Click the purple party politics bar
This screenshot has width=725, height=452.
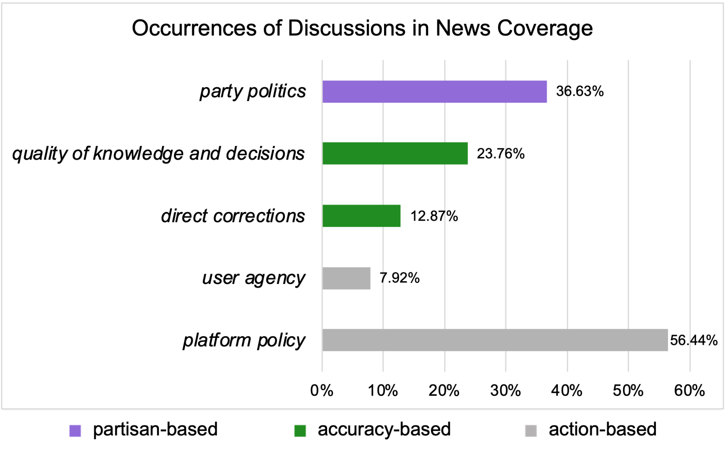click(434, 92)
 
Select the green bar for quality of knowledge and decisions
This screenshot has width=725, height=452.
click(395, 153)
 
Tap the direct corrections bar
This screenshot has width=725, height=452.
click(361, 216)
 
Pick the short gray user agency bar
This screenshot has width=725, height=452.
click(346, 278)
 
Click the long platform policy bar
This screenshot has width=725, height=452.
click(495, 340)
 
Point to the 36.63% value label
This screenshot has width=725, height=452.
click(580, 91)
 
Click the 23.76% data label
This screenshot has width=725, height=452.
click(501, 153)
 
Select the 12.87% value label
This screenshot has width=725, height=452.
click(434, 216)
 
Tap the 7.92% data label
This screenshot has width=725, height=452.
click(399, 278)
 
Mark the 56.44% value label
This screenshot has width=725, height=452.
click(693, 340)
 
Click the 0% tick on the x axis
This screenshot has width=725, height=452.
click(321, 391)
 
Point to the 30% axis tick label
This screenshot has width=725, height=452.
click(505, 391)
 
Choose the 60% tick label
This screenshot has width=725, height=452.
click(689, 391)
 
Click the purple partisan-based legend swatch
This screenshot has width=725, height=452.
click(75, 431)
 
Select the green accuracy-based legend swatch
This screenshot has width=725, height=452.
click(300, 431)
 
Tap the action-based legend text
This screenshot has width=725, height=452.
click(603, 429)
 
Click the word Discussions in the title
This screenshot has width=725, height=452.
click(346, 28)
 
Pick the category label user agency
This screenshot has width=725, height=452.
click(253, 278)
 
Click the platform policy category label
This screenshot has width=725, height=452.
click(244, 340)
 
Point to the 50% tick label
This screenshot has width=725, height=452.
click(628, 391)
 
